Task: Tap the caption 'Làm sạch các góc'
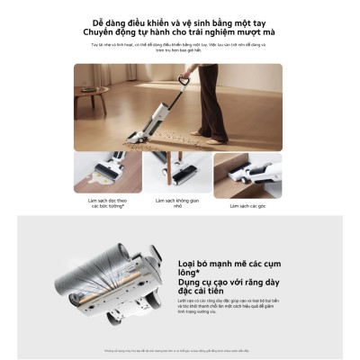click(x=247, y=205)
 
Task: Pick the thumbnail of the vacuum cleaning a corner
click(x=247, y=175)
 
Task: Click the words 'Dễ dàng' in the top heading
click(x=113, y=22)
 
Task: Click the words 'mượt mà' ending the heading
click(x=261, y=32)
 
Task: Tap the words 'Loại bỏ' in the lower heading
click(x=194, y=264)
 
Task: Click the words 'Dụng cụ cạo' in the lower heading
click(x=204, y=281)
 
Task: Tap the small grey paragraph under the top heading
click(x=179, y=46)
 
